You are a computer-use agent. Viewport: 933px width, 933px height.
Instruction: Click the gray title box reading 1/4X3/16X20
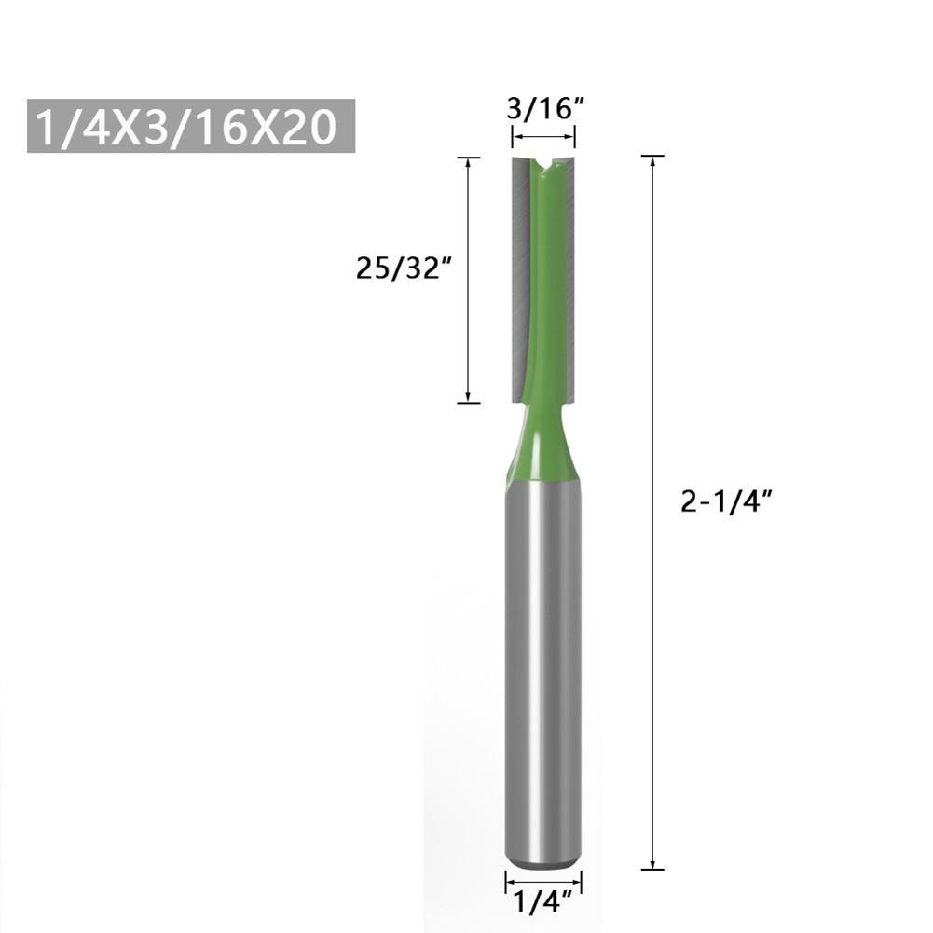(x=191, y=126)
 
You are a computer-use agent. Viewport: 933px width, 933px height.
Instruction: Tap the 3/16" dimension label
(x=543, y=108)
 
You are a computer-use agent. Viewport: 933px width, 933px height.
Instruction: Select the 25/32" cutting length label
(x=404, y=268)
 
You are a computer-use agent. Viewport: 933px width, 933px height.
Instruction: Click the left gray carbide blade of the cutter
(x=519, y=280)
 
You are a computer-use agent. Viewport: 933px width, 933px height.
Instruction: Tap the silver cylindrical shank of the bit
(x=543, y=671)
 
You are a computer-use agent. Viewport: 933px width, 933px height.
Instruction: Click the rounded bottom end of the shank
(x=543, y=862)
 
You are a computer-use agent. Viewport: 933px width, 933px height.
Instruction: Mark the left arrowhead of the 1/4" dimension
(x=509, y=879)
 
